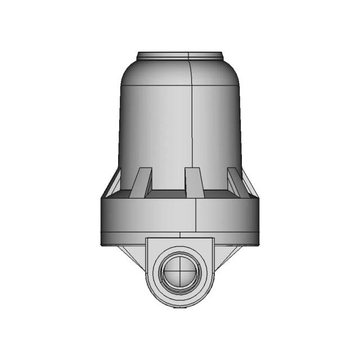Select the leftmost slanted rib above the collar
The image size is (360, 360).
click(x=114, y=183)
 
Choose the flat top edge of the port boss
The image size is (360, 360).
click(x=180, y=238)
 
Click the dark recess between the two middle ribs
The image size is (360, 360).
click(x=168, y=194)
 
